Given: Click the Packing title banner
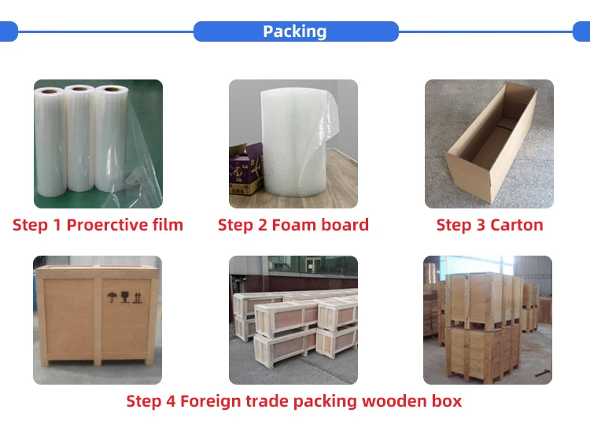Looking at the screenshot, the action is pos(295,31).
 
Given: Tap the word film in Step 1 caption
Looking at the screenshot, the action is pos(168,225).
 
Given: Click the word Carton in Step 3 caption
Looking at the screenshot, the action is pos(516,225).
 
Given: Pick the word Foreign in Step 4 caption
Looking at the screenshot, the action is pos(210,401).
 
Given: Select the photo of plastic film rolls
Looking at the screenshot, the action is pos(98,143).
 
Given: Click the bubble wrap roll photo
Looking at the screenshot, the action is pos(293,143).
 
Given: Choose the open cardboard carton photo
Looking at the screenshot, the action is pos(489,143).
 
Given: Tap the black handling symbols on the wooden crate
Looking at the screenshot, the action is pos(124,297).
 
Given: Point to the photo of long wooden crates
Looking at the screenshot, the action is pos(293,319).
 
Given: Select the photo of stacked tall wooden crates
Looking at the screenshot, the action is pos(488,319).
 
